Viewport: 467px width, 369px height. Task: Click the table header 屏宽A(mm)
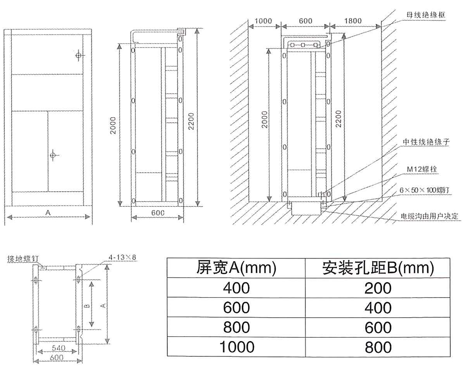pyautogui.click(x=236, y=268)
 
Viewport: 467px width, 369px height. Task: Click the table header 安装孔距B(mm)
pyautogui.click(x=378, y=268)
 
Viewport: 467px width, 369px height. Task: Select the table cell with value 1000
pyautogui.click(x=237, y=347)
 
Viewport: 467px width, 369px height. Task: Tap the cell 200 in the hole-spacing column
pyautogui.click(x=378, y=288)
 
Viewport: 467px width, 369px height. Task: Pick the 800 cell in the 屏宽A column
pyautogui.click(x=236, y=327)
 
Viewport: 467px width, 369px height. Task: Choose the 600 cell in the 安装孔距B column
pyautogui.click(x=378, y=327)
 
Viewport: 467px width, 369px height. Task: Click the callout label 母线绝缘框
pyautogui.click(x=426, y=14)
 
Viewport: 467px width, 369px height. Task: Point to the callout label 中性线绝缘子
pyautogui.click(x=426, y=142)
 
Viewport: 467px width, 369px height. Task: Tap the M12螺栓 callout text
pyautogui.click(x=422, y=169)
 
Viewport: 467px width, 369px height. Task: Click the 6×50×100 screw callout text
pyautogui.click(x=425, y=190)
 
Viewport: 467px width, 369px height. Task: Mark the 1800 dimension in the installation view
pyautogui.click(x=353, y=21)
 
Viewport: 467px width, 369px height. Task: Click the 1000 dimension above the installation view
pyautogui.click(x=263, y=21)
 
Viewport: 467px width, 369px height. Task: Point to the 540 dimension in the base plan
pyautogui.click(x=59, y=348)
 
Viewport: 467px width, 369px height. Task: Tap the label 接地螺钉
pyautogui.click(x=23, y=258)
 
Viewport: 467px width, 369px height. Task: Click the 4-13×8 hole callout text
pyautogui.click(x=122, y=257)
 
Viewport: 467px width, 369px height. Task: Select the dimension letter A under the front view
pyautogui.click(x=48, y=212)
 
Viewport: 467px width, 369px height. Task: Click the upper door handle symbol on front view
pyautogui.click(x=78, y=56)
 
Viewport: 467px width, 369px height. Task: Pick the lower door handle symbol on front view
pyautogui.click(x=53, y=155)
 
